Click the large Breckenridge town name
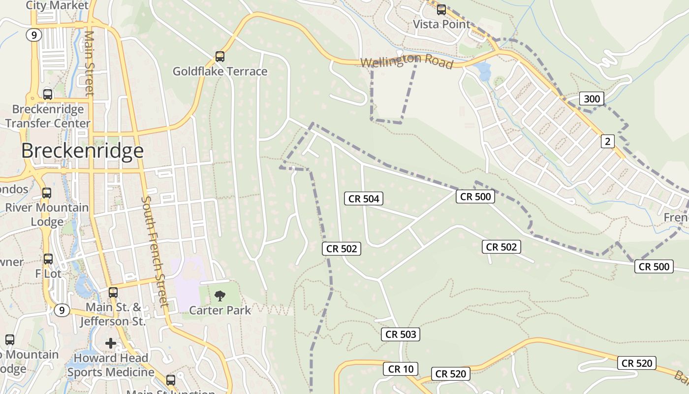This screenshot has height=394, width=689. [82, 151]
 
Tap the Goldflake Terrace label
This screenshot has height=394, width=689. [219, 71]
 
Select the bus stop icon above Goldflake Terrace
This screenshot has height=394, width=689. [219, 57]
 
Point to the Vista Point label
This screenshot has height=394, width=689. [441, 24]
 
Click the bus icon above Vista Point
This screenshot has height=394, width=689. [441, 9]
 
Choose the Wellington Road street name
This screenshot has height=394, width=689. [407, 62]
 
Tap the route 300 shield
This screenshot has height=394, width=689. [591, 98]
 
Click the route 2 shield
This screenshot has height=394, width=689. [607, 141]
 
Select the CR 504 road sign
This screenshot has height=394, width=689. [364, 198]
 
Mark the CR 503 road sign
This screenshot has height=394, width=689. [401, 334]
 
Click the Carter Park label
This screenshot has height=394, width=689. [220, 310]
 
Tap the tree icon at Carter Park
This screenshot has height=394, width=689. [220, 295]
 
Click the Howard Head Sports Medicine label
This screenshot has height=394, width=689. [111, 365]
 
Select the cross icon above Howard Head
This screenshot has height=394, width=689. [111, 343]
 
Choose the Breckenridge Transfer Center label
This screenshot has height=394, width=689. [48, 116]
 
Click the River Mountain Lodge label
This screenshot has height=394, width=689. [47, 214]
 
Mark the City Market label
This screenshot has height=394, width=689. [57, 5]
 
